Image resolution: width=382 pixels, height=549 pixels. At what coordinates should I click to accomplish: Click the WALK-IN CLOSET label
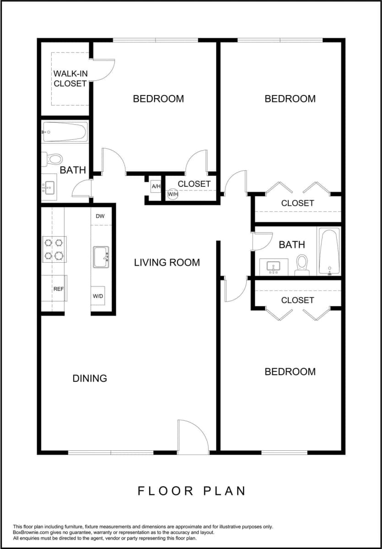point(70,78)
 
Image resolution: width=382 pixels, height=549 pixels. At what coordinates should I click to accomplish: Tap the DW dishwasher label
point(100,217)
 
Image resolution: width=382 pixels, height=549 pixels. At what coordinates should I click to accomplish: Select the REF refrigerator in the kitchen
point(59,288)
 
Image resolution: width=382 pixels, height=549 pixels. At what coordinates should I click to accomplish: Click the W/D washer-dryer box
point(98,296)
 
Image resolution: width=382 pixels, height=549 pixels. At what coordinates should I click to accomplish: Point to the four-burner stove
point(54,249)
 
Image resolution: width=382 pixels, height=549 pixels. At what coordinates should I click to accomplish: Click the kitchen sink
point(101,257)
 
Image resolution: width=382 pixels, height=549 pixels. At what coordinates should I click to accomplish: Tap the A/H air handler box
point(156,186)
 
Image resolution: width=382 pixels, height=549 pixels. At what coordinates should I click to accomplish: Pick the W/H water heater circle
point(172,195)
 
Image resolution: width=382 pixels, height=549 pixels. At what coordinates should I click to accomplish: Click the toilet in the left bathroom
point(54,159)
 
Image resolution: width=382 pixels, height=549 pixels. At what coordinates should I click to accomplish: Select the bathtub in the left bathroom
point(65,132)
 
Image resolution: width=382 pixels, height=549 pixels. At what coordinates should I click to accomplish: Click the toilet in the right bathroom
point(302,264)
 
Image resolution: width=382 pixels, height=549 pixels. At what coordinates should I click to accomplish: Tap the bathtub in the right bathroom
point(329,252)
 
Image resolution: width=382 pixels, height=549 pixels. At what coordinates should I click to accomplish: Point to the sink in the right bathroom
point(274,267)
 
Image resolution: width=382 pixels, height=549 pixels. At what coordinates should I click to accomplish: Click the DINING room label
point(90,378)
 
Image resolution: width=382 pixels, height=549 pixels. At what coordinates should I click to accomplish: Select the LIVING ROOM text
point(167,262)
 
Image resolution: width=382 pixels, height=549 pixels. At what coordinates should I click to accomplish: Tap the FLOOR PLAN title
point(192,491)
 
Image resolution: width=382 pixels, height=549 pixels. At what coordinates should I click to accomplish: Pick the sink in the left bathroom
point(49,187)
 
